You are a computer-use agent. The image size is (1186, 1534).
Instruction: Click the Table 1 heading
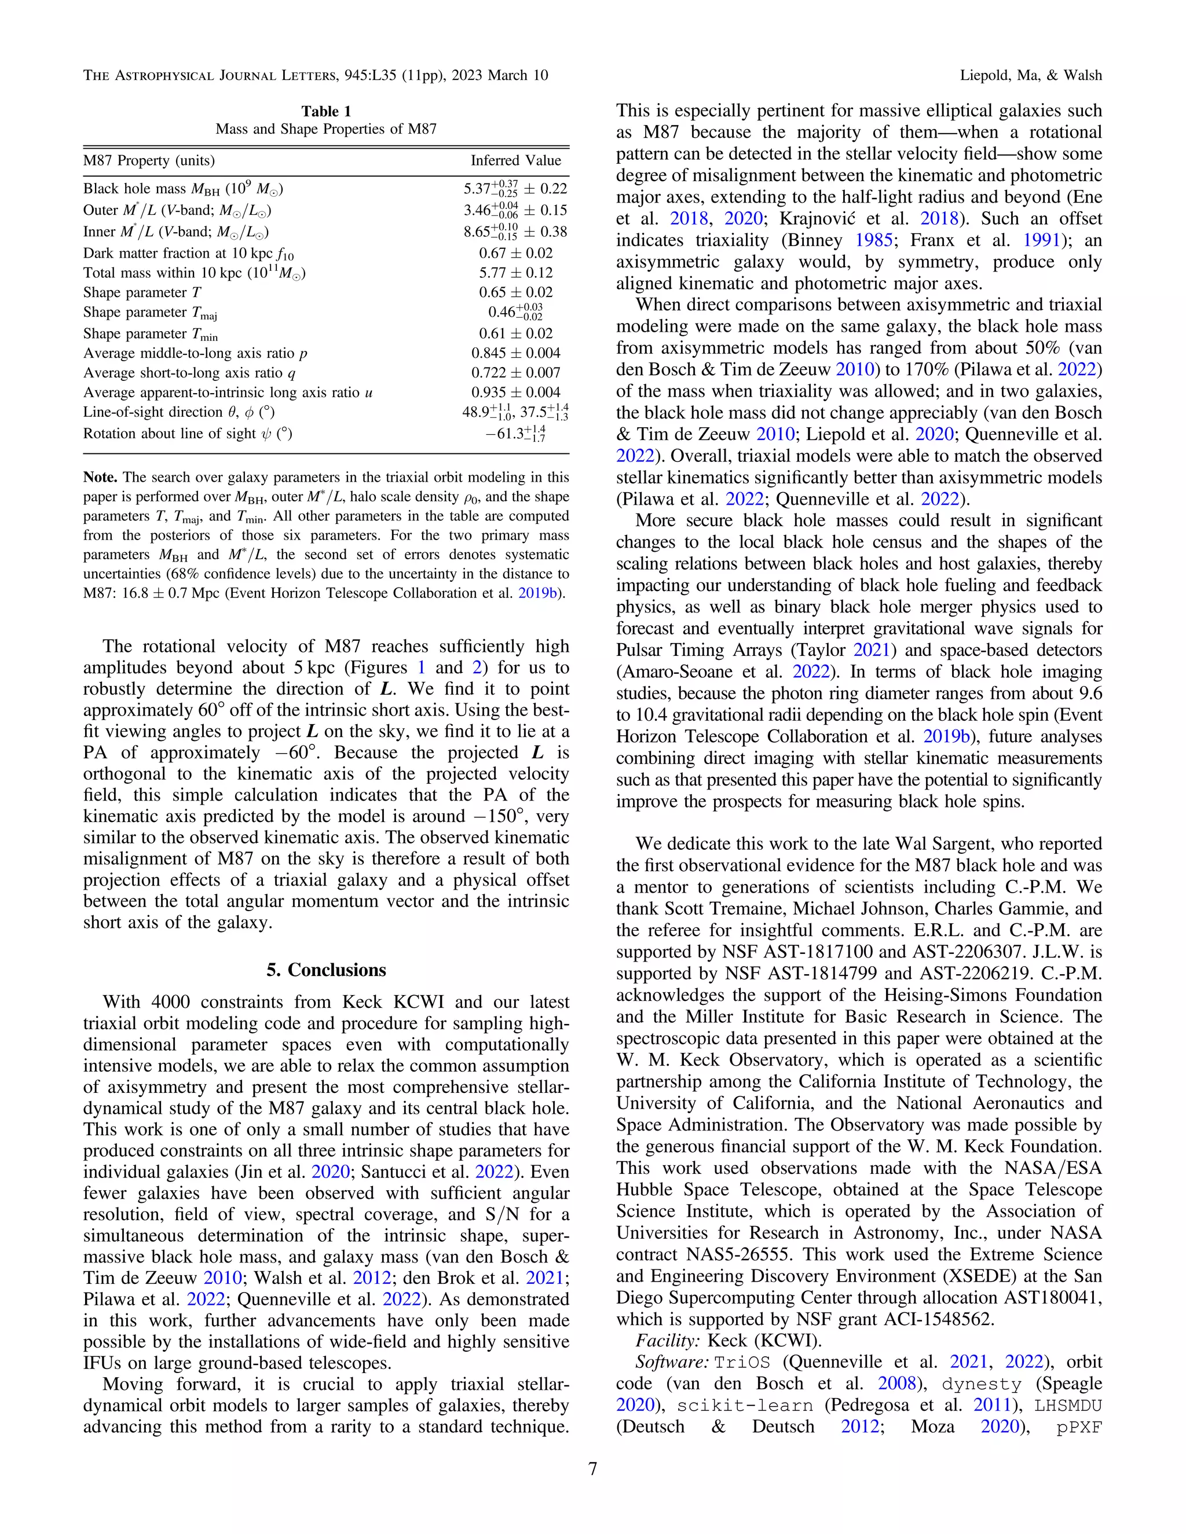[x=326, y=111]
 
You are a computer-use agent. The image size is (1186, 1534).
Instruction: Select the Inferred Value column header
[x=516, y=161]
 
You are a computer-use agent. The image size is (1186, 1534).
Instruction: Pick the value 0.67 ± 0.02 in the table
[x=516, y=253]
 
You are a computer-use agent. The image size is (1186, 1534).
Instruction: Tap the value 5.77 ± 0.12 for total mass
[x=516, y=273]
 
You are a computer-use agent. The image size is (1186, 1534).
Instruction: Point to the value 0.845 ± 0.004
[x=516, y=353]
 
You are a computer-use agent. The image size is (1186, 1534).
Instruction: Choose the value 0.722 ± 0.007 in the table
[x=516, y=372]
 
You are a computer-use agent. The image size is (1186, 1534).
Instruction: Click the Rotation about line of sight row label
[x=188, y=434]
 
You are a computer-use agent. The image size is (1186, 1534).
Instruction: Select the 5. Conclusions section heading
[x=326, y=970]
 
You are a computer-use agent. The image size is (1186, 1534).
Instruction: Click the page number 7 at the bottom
[x=592, y=1469]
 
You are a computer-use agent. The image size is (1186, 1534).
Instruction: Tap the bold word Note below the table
[x=100, y=478]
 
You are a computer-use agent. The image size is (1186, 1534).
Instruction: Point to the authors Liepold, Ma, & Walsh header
[x=1031, y=75]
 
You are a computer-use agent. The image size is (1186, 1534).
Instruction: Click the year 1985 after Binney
[x=873, y=240]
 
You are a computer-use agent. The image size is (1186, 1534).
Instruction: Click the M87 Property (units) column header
[x=149, y=161]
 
